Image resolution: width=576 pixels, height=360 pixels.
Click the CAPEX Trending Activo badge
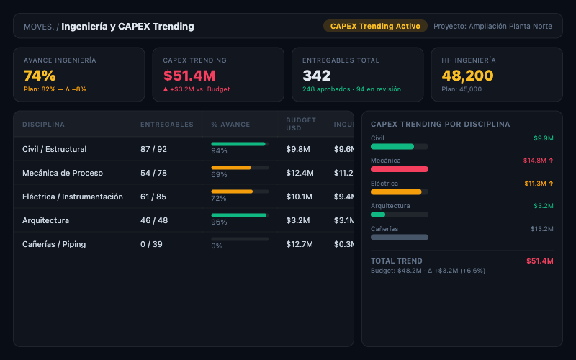(375, 26)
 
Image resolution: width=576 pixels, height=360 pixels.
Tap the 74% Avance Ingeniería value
(40, 76)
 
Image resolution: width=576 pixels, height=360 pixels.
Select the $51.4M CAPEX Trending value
(189, 76)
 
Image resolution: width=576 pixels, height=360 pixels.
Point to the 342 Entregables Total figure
(317, 76)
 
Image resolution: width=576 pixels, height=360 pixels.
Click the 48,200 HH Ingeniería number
(467, 76)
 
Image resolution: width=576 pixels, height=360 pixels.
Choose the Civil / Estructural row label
(55, 149)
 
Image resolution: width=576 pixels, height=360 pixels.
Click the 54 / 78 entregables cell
(153, 173)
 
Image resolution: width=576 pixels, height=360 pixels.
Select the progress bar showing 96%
(240, 215)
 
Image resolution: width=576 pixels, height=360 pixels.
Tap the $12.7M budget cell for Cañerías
(300, 244)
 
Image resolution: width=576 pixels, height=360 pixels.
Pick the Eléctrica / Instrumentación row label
(73, 197)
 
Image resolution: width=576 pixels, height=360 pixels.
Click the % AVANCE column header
(230, 125)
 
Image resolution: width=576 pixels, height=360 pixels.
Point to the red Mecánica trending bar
(400, 169)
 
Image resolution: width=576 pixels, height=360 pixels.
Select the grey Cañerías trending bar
(400, 237)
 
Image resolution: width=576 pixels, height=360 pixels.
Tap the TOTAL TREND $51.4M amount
(539, 261)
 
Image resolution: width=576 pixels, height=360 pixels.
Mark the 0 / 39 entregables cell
(152, 244)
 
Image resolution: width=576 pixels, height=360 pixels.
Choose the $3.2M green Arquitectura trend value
(543, 206)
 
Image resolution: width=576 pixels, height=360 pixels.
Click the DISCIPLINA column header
(43, 125)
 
